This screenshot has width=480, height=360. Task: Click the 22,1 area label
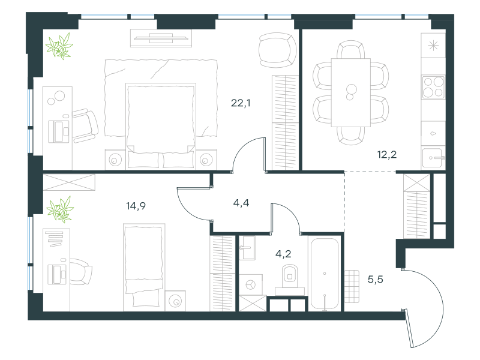[x=241, y=103]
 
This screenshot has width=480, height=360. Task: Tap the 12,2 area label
[x=387, y=155]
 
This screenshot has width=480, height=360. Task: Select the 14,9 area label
[x=136, y=206]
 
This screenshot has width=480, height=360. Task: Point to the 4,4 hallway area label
[x=241, y=203]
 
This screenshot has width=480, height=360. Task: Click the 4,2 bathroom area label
[x=283, y=254]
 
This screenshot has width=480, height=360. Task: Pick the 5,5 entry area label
[x=376, y=279]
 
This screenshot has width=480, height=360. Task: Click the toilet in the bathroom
[x=290, y=278]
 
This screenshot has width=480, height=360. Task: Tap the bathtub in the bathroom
[x=325, y=274]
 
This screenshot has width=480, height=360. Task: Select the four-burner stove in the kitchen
[x=433, y=87]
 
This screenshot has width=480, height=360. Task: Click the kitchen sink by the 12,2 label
[x=433, y=158]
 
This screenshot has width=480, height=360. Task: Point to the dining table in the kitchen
[x=351, y=92]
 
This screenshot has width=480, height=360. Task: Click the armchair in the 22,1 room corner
[x=278, y=50]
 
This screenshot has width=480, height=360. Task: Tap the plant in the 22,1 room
[x=59, y=46]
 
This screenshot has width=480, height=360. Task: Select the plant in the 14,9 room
[x=61, y=209]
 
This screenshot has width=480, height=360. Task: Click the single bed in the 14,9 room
[x=144, y=267]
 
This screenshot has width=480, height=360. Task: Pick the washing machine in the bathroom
[x=251, y=284]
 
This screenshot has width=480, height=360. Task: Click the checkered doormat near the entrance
[x=352, y=286]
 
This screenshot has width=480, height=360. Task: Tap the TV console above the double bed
[x=161, y=38]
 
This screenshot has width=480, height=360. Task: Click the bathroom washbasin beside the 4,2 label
[x=247, y=248]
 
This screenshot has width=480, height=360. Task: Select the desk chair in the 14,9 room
[x=81, y=272]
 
